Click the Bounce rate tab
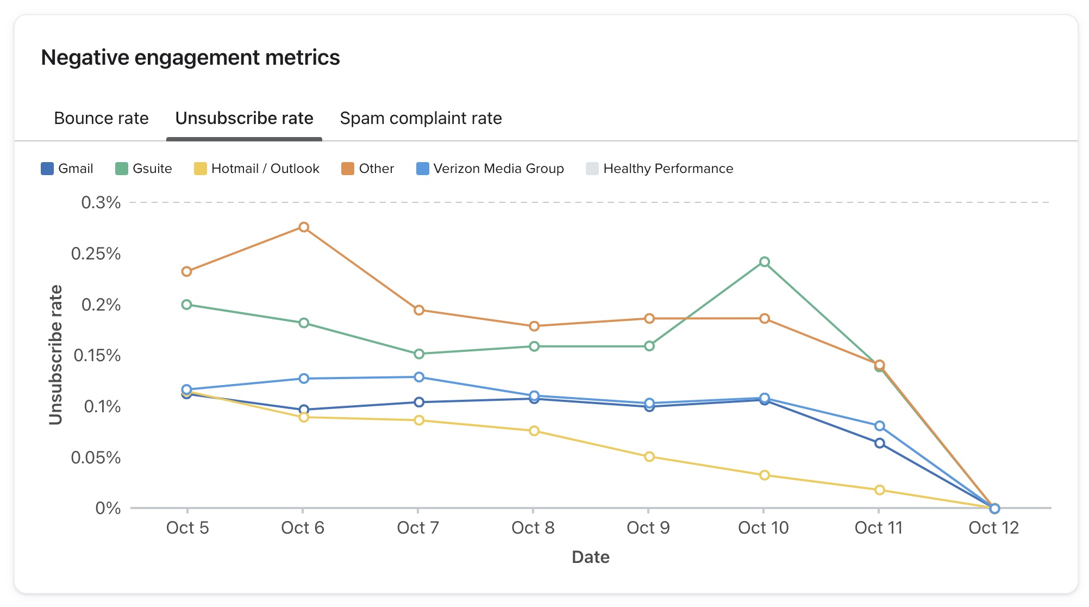[x=101, y=118]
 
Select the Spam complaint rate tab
[x=421, y=118]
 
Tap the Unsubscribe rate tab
[x=244, y=118]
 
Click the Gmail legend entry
[x=67, y=169]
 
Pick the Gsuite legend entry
[x=143, y=169]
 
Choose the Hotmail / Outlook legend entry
[x=256, y=169]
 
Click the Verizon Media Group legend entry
[x=490, y=169]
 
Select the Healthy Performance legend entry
[x=659, y=169]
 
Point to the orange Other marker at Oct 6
[x=304, y=227]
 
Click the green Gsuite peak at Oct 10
[x=764, y=262]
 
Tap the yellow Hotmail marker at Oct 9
[x=649, y=457]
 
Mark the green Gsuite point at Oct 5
[x=186, y=305]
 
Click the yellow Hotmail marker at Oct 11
[x=879, y=490]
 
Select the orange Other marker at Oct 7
[x=418, y=311]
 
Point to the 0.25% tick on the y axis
[x=96, y=253]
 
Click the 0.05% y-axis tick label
[x=96, y=457]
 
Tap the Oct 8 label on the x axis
[x=533, y=528]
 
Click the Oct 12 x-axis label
[x=993, y=528]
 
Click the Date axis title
[x=590, y=557]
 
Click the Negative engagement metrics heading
[x=190, y=58]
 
